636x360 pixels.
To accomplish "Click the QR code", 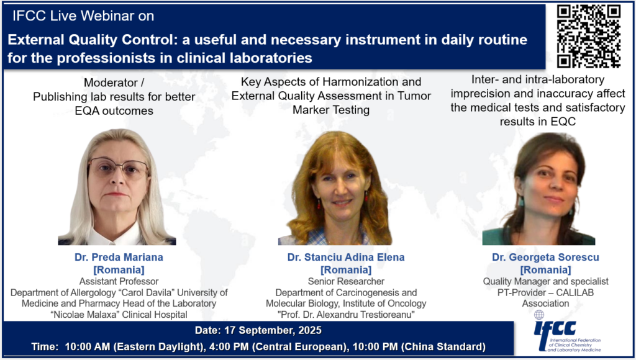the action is [588, 35].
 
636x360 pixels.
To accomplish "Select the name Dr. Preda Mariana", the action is [119, 257].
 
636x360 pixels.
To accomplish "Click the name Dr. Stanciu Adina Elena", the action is [346, 257].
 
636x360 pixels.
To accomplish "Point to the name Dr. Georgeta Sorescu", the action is [545, 257].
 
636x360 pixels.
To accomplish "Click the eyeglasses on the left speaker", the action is [119, 168].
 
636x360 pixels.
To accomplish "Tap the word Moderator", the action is [111, 83].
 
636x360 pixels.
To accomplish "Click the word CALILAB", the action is [575, 292].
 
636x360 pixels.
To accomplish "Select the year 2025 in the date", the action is [310, 330].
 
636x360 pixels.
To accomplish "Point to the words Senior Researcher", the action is [346, 281].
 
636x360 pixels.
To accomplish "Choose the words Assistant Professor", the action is [119, 281].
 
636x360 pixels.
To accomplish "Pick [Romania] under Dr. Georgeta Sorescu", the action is [545, 269].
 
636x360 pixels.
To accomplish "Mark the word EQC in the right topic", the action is [563, 121].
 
